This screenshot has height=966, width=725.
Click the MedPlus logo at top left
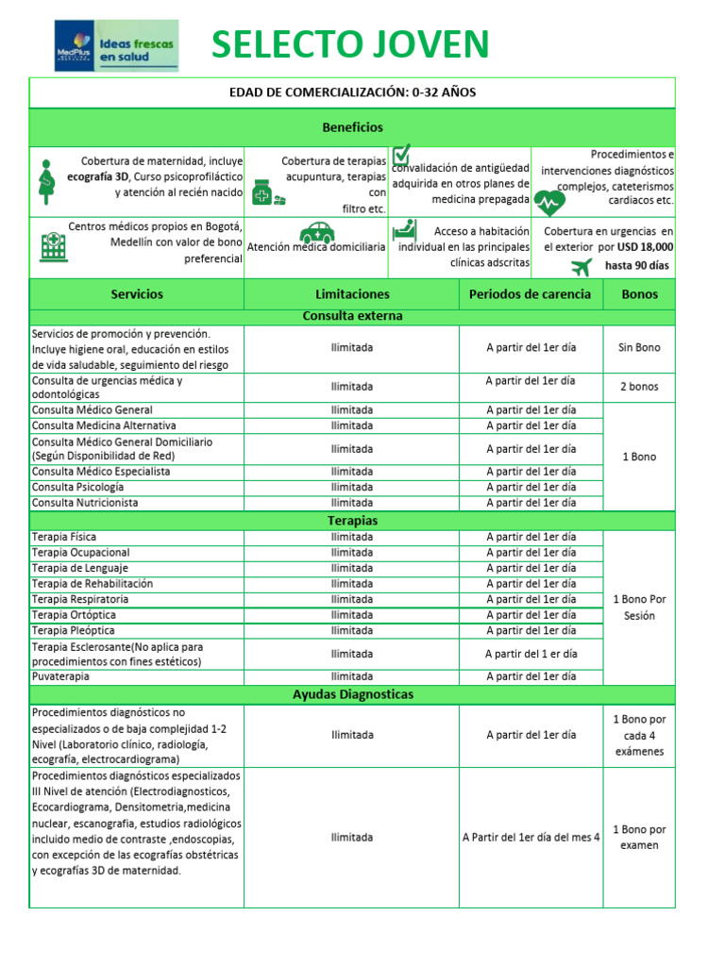115,45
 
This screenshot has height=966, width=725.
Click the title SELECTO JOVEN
350,44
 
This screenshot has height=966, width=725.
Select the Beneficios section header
352,126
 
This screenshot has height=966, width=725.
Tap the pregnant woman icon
44,182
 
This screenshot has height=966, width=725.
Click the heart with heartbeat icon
550,202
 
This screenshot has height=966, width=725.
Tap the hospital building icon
49,247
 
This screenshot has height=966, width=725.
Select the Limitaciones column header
352,294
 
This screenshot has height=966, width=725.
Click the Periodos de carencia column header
531,294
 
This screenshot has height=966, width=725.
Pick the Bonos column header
640,294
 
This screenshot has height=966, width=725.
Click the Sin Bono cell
639,348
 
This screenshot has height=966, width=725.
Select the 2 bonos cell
639,387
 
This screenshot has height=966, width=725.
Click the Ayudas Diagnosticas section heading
352,694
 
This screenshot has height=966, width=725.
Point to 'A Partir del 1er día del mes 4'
531,837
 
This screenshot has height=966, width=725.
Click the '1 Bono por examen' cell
639,838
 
